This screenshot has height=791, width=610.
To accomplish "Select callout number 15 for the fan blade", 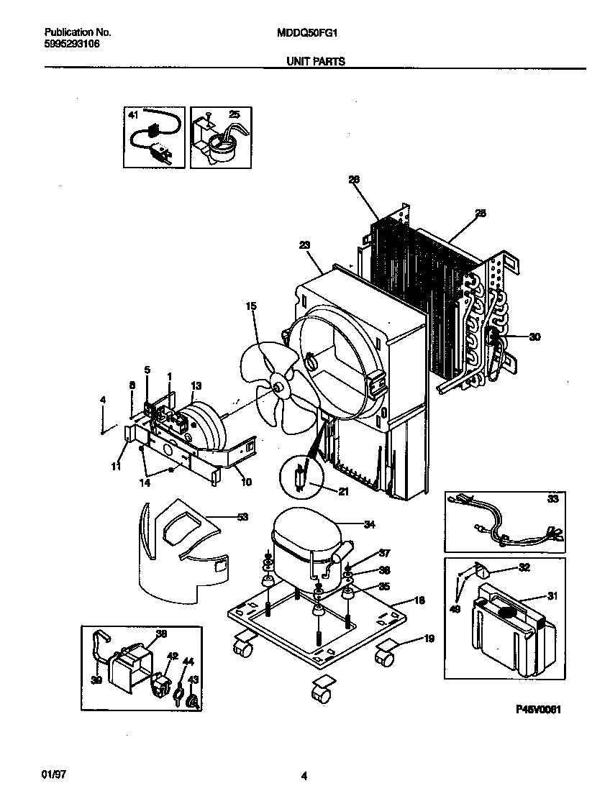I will pyautogui.click(x=251, y=306).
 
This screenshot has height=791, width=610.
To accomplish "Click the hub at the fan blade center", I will pyautogui.click(x=278, y=388).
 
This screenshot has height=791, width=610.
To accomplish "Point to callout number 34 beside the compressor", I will pyautogui.click(x=369, y=524).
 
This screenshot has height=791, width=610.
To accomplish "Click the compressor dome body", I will pyautogui.click(x=302, y=536).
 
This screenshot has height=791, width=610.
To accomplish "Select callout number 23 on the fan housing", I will pyautogui.click(x=304, y=245).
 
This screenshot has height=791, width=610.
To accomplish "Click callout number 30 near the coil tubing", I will pyautogui.click(x=534, y=337).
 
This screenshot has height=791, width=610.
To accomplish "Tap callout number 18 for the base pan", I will pyautogui.click(x=419, y=599).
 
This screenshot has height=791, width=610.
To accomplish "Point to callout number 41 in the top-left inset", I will pyautogui.click(x=132, y=114).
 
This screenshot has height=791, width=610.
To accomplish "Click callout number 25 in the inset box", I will pyautogui.click(x=235, y=114).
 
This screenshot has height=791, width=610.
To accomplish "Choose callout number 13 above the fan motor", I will pyautogui.click(x=196, y=385).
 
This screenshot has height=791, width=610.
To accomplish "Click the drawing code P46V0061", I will pyautogui.click(x=537, y=709).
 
